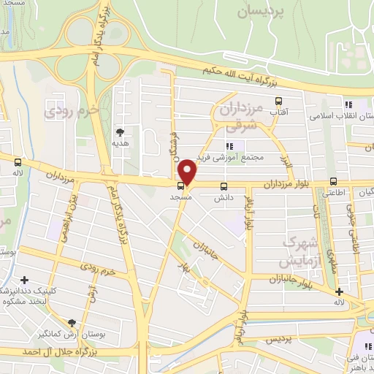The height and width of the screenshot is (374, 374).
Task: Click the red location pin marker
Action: coord(188,172)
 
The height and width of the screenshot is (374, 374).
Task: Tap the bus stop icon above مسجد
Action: coord(180,186)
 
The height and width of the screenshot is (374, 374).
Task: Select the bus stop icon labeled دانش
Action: coord(224,186)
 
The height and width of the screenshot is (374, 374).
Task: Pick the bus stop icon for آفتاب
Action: coord(278,101)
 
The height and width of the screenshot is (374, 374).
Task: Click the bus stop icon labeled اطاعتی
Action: coord(334,181)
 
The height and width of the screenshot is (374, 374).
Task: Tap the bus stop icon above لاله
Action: coord(18,162)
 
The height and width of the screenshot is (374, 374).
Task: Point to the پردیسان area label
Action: coord(261,12)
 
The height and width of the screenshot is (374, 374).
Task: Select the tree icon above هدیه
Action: coord(119,131)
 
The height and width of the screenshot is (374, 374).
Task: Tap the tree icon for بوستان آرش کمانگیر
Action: coord(72,323)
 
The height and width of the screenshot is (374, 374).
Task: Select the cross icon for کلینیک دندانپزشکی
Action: coord(25,280)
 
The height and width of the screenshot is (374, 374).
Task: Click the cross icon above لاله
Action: coord(338,292)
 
